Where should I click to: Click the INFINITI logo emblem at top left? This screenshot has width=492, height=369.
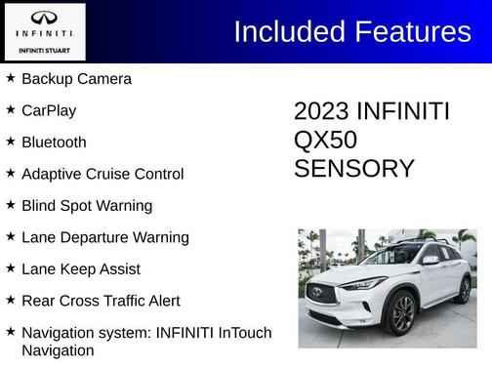tap(44, 18)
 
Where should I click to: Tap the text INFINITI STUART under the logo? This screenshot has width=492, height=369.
tap(44, 50)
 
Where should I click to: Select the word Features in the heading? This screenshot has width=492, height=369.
tap(412, 31)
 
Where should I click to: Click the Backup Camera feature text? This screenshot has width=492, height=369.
tap(76, 79)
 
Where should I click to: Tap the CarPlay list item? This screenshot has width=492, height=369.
tap(49, 110)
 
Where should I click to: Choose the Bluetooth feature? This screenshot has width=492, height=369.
tap(54, 143)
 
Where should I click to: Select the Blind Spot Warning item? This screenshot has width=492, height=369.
tap(87, 206)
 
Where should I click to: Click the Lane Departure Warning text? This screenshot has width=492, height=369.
tap(105, 237)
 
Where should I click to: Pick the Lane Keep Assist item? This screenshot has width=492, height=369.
tap(81, 269)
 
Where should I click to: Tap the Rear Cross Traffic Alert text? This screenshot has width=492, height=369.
tap(101, 301)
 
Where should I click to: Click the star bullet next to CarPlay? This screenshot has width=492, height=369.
tap(11, 109)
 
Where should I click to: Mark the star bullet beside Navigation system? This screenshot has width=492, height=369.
tap(11, 332)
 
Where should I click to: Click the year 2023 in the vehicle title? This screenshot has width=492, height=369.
tap(321, 112)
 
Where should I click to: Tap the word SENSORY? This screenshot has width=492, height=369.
tap(354, 169)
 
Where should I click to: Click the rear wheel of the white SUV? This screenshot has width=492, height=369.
tap(464, 290)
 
